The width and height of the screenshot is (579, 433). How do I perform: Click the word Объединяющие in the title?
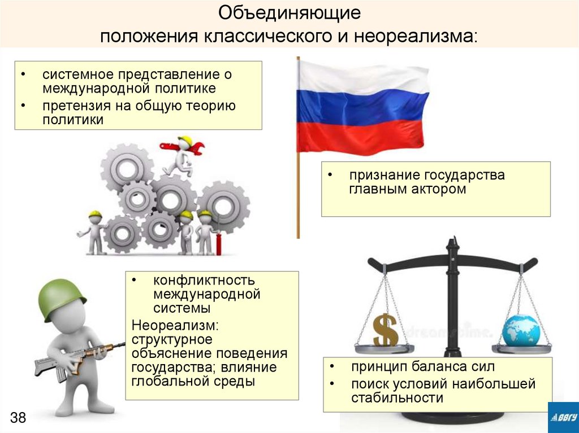coord(289,13)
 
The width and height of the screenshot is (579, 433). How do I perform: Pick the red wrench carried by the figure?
coord(182,148)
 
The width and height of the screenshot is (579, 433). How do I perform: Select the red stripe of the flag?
coord(362,136)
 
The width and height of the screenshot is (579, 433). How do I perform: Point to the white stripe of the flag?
coord(362,76)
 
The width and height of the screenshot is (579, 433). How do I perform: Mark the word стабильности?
coord(396,399)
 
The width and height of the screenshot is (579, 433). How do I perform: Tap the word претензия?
coord(72,106)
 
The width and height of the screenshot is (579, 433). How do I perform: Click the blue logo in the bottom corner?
coord(563,418)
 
